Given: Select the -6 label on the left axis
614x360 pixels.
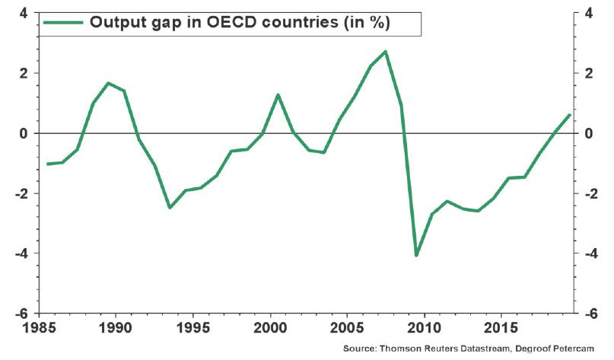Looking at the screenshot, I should [21, 314].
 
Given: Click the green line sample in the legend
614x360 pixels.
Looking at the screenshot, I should [62, 23].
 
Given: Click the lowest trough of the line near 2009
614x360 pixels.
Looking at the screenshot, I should [416, 256].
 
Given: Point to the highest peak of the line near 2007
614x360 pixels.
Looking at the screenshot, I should [386, 52].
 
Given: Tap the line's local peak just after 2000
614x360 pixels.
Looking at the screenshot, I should [278, 94].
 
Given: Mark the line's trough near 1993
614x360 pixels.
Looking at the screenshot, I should [170, 208].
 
